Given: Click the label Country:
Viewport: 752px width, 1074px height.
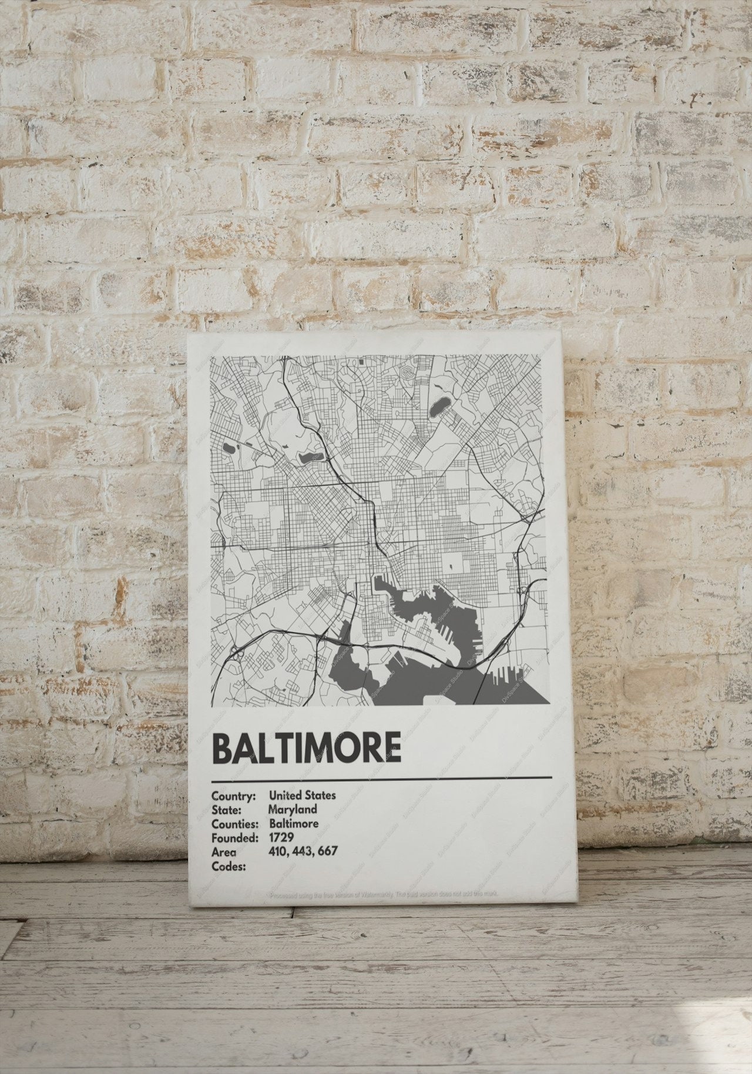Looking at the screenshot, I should tap(233, 796).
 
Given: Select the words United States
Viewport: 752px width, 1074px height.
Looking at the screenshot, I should tap(303, 795).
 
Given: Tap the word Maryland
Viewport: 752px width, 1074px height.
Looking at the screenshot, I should tap(293, 810).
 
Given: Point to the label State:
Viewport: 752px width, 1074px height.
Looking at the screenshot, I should tap(226, 810).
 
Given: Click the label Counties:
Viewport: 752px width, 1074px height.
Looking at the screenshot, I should tap(235, 824).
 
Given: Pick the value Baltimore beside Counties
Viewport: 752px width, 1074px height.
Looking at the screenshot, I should tap(294, 823).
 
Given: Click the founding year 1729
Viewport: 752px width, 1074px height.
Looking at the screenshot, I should tap(281, 837).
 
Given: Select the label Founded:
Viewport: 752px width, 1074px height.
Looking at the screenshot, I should tap(234, 838).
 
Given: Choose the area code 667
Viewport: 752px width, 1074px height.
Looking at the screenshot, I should tap(327, 851).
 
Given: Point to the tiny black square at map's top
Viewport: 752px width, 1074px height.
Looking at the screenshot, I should tap(361, 363).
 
